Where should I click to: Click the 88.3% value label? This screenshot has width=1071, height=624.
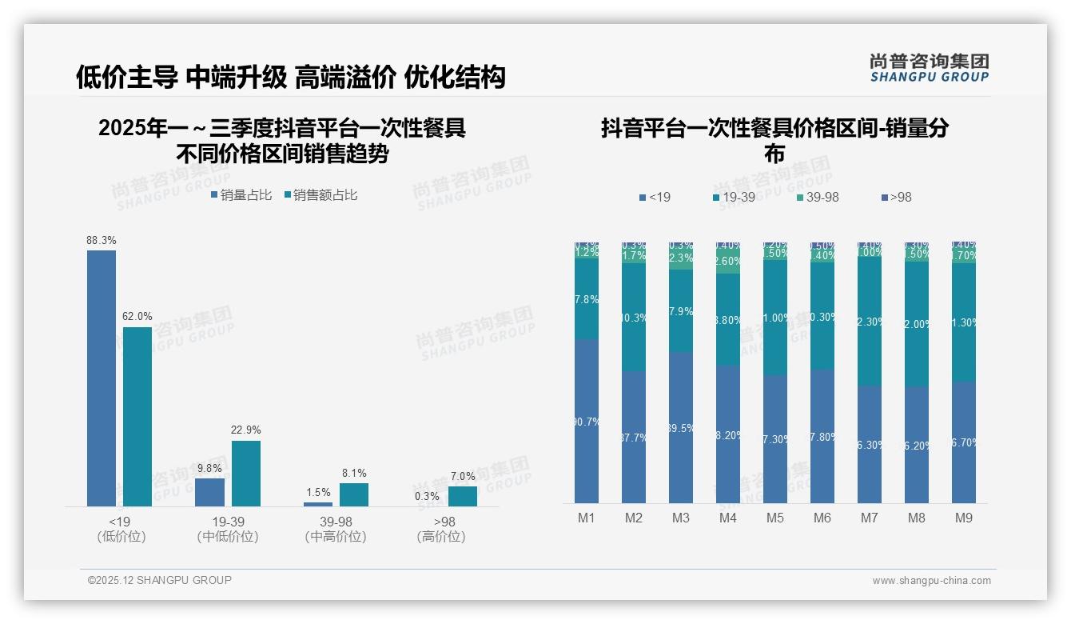point(102,240)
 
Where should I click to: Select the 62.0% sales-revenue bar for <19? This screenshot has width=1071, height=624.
point(137,416)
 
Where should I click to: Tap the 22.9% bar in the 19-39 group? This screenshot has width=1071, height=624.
point(245,474)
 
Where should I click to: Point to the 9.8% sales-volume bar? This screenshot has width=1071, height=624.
point(209,492)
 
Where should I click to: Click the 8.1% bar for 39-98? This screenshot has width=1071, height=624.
point(353,494)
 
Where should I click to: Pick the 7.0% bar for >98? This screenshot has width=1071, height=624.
point(462,496)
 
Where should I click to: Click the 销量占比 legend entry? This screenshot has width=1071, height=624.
point(241,195)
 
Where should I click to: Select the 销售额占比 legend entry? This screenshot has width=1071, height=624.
point(321,195)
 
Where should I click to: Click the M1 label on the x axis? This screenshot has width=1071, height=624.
point(587,518)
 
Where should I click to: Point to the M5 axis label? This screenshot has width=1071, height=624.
point(775,518)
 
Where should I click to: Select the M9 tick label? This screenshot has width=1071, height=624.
point(964,518)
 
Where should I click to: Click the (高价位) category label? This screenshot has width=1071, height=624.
point(441,537)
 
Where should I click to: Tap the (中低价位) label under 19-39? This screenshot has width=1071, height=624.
point(228,537)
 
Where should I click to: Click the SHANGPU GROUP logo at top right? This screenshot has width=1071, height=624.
point(929,68)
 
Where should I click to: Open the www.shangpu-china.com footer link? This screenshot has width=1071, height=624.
point(931,581)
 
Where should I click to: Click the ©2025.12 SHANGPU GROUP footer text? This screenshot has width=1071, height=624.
point(160,581)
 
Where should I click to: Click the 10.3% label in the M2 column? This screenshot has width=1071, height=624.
point(634,318)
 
